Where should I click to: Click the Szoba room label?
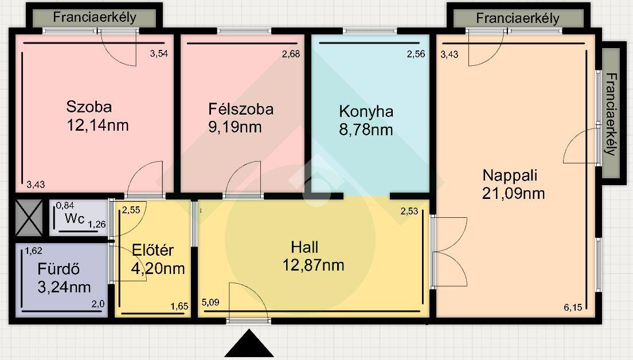click(x=89, y=107)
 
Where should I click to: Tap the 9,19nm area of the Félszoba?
click(x=235, y=127)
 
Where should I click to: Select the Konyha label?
click(x=366, y=111)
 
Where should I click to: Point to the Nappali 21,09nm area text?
click(x=514, y=193)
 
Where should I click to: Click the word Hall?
click(x=304, y=247)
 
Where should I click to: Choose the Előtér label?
click(x=153, y=251)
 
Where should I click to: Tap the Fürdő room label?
click(x=58, y=269)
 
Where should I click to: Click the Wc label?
click(x=75, y=218)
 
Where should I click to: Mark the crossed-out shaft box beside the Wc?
click(x=29, y=218)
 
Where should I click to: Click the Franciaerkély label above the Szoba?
click(x=95, y=17)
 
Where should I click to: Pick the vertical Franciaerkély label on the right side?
click(x=611, y=114)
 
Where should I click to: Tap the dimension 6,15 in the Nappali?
click(x=573, y=307)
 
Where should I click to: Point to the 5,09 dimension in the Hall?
click(x=210, y=302)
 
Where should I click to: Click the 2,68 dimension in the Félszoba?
click(x=291, y=54)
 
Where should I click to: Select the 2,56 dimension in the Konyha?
click(x=416, y=54)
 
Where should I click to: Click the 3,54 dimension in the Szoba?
click(x=159, y=53)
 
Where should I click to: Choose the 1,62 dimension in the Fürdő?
click(x=33, y=251)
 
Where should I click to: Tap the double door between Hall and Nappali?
click(x=449, y=252)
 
